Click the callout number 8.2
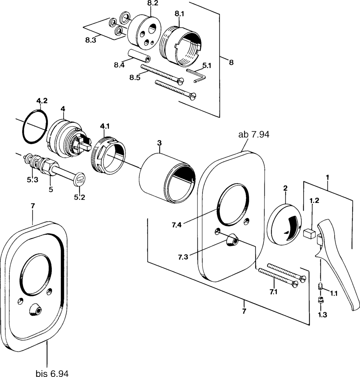pos(153,3)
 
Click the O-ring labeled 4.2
pos(34,126)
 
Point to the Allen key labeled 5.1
pos(196,75)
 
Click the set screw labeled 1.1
pos(321,287)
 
